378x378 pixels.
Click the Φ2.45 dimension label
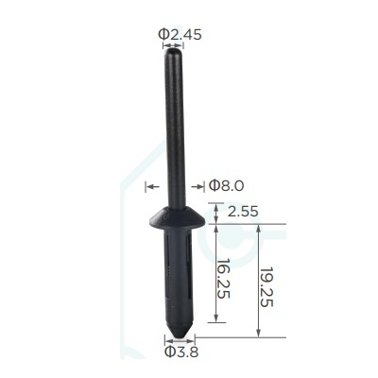[180, 34]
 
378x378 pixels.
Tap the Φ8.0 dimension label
[226, 186]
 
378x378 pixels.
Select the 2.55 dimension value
[243, 212]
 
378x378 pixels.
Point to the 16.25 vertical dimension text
[223, 279]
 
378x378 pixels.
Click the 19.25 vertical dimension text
[266, 287]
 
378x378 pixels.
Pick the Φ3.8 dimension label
[181, 352]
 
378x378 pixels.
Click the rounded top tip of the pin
[173, 51]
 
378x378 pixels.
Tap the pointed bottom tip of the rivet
[180, 335]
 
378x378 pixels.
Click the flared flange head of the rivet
[177, 218]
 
